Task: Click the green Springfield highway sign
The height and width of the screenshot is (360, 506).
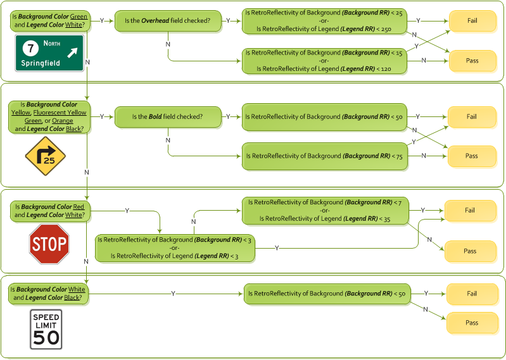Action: (49, 53)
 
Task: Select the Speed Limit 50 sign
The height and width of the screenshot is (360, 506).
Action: (46, 329)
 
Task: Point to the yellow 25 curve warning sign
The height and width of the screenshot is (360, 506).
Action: (45, 156)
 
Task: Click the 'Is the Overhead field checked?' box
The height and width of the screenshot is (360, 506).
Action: (167, 21)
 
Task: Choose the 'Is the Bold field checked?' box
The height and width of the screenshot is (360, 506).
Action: (167, 117)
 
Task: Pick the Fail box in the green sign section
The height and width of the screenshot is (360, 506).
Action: (472, 21)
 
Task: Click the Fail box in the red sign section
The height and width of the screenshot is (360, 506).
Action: (469, 211)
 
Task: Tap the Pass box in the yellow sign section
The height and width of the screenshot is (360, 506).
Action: (471, 156)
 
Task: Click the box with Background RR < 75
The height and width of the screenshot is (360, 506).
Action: (324, 156)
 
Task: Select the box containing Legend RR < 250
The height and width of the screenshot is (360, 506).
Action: (324, 21)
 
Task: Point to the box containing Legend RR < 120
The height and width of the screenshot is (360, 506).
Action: (324, 61)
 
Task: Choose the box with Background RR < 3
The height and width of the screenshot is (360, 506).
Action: (175, 248)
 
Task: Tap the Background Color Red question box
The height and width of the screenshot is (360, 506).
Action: (49, 211)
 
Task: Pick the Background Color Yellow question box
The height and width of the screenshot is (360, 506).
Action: (49, 117)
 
